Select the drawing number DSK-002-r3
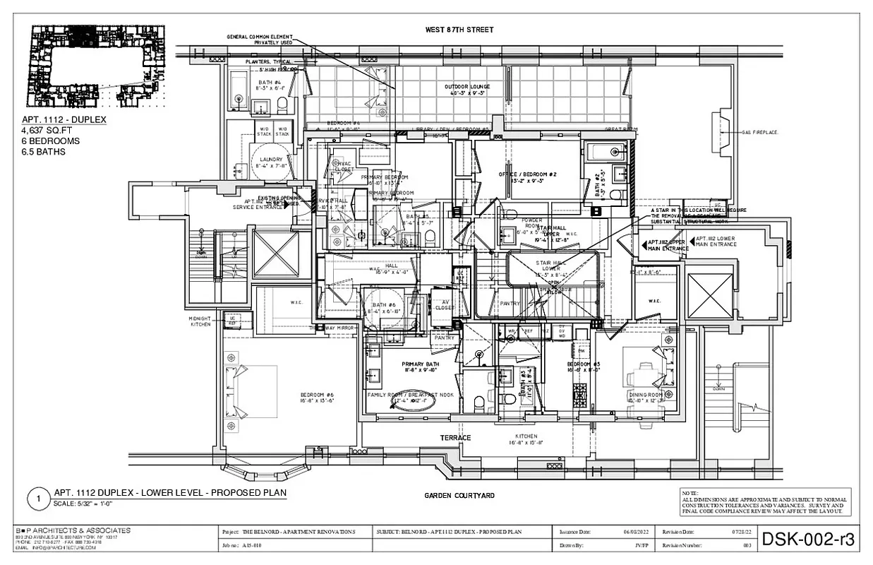(x=808, y=540)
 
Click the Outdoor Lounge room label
(x=467, y=87)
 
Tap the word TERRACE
(x=456, y=438)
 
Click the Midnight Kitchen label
(x=200, y=321)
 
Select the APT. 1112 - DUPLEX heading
(x=64, y=120)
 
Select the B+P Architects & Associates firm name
(x=73, y=530)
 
